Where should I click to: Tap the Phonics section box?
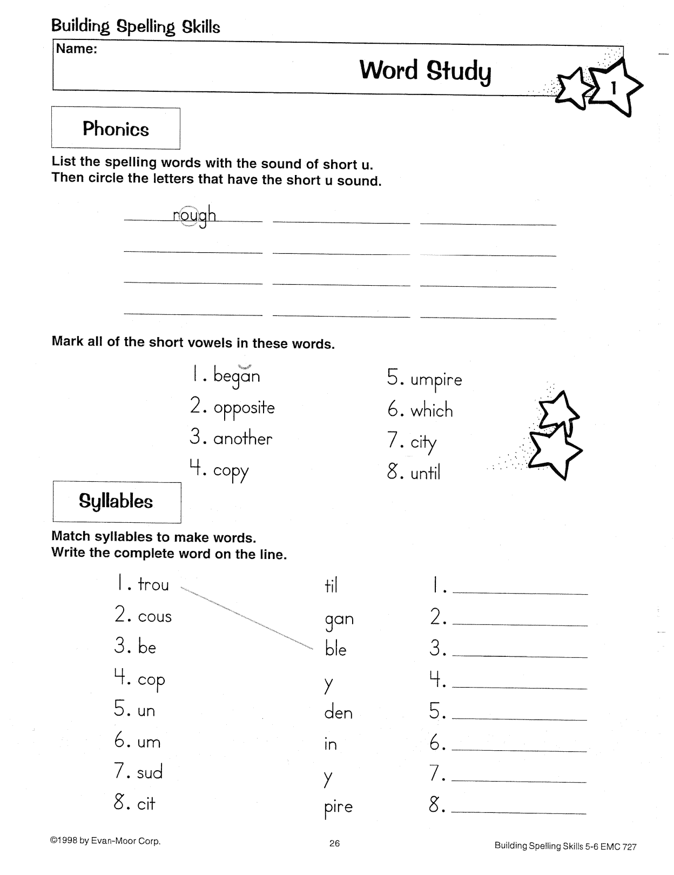tap(116, 129)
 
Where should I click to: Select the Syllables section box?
tap(116, 502)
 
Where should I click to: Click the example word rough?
tap(194, 216)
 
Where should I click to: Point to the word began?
tap(237, 376)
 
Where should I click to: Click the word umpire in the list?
tap(436, 380)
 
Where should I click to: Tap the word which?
tap(432, 411)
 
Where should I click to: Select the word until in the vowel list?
tap(426, 474)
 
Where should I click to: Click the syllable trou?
tap(153, 584)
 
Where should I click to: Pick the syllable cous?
tap(155, 616)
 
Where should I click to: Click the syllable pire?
tap(339, 807)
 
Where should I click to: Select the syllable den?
tap(339, 713)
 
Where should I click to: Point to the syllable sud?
tap(150, 772)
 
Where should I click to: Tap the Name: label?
tap(77, 49)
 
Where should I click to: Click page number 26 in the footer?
tap(335, 843)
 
